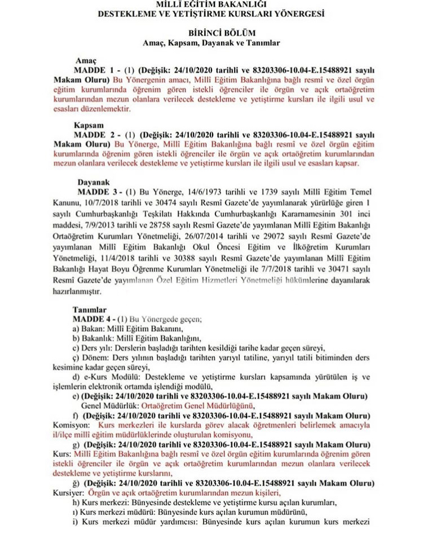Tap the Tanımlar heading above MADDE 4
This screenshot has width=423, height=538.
(x=89, y=309)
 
